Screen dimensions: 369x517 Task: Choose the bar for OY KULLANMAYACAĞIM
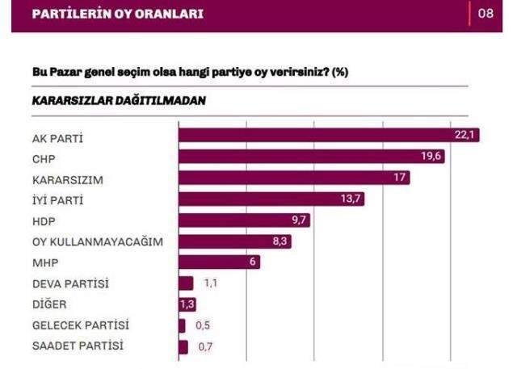(x=234, y=241)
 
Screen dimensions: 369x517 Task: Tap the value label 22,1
(x=464, y=135)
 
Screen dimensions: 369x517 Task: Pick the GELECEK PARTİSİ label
(x=80, y=325)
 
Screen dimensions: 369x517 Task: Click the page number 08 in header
(x=485, y=14)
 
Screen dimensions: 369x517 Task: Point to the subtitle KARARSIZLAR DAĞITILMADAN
(x=119, y=101)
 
